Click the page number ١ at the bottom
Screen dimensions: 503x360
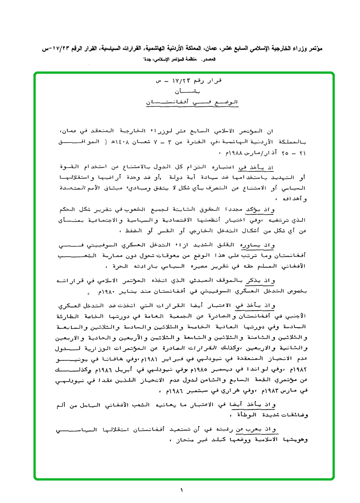(x=181, y=491)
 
